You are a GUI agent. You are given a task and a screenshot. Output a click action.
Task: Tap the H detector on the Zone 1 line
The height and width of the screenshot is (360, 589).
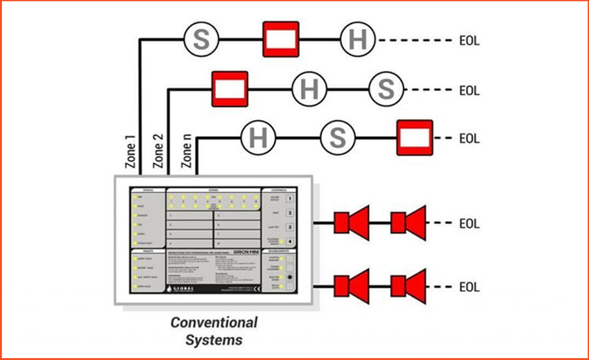[x=358, y=40]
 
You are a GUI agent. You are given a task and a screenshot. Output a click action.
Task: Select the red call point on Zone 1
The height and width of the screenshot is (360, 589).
[x=280, y=40]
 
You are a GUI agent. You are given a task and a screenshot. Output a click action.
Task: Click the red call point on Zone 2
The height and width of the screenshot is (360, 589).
[x=229, y=88]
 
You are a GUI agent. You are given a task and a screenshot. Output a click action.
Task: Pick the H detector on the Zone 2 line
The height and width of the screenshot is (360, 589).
[x=309, y=88]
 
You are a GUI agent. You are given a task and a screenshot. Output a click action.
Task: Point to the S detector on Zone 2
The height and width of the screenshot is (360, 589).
[x=387, y=88]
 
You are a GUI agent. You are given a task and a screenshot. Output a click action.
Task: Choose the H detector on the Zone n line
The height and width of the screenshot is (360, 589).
[x=259, y=138]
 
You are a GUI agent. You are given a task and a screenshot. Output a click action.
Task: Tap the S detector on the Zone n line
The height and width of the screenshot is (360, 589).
[x=337, y=138]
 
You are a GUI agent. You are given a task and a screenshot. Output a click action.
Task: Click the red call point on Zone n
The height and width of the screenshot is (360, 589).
[x=414, y=138]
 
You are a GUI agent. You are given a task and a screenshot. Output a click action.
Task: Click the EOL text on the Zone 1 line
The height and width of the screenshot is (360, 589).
[x=469, y=40]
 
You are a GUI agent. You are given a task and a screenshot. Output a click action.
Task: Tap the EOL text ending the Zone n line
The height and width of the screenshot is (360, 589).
[x=469, y=139]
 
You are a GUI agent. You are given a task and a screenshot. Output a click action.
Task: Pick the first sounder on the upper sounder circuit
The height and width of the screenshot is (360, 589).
[x=351, y=223]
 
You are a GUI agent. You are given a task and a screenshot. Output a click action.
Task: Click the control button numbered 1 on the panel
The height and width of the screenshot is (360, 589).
[x=290, y=197]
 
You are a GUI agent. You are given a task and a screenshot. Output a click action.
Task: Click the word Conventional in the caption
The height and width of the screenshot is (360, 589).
[x=213, y=323]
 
